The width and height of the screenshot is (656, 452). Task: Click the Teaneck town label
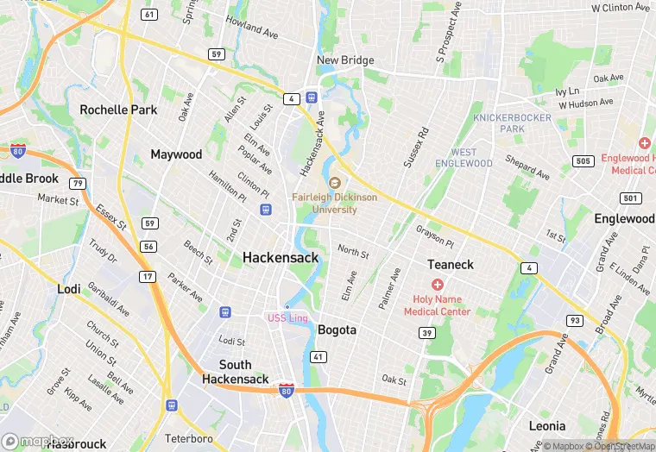click(451, 264)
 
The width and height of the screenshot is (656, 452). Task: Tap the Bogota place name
click(337, 330)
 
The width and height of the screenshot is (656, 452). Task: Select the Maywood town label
click(176, 154)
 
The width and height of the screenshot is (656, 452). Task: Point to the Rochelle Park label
click(118, 110)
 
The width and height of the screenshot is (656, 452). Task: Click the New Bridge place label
click(345, 60)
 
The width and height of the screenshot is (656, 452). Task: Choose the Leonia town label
click(547, 425)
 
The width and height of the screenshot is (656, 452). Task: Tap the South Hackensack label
click(235, 372)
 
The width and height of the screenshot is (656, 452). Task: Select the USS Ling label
click(287, 318)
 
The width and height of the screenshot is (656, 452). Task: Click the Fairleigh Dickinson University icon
click(335, 182)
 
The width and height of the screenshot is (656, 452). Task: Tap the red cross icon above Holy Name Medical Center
click(438, 285)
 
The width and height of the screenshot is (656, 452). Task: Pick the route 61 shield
click(150, 15)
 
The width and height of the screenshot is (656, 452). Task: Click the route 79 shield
click(79, 183)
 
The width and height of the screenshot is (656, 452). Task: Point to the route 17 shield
click(149, 276)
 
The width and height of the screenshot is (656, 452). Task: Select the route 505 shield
click(583, 161)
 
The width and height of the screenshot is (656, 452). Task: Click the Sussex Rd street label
click(416, 148)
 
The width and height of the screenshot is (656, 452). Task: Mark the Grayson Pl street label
click(434, 235)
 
